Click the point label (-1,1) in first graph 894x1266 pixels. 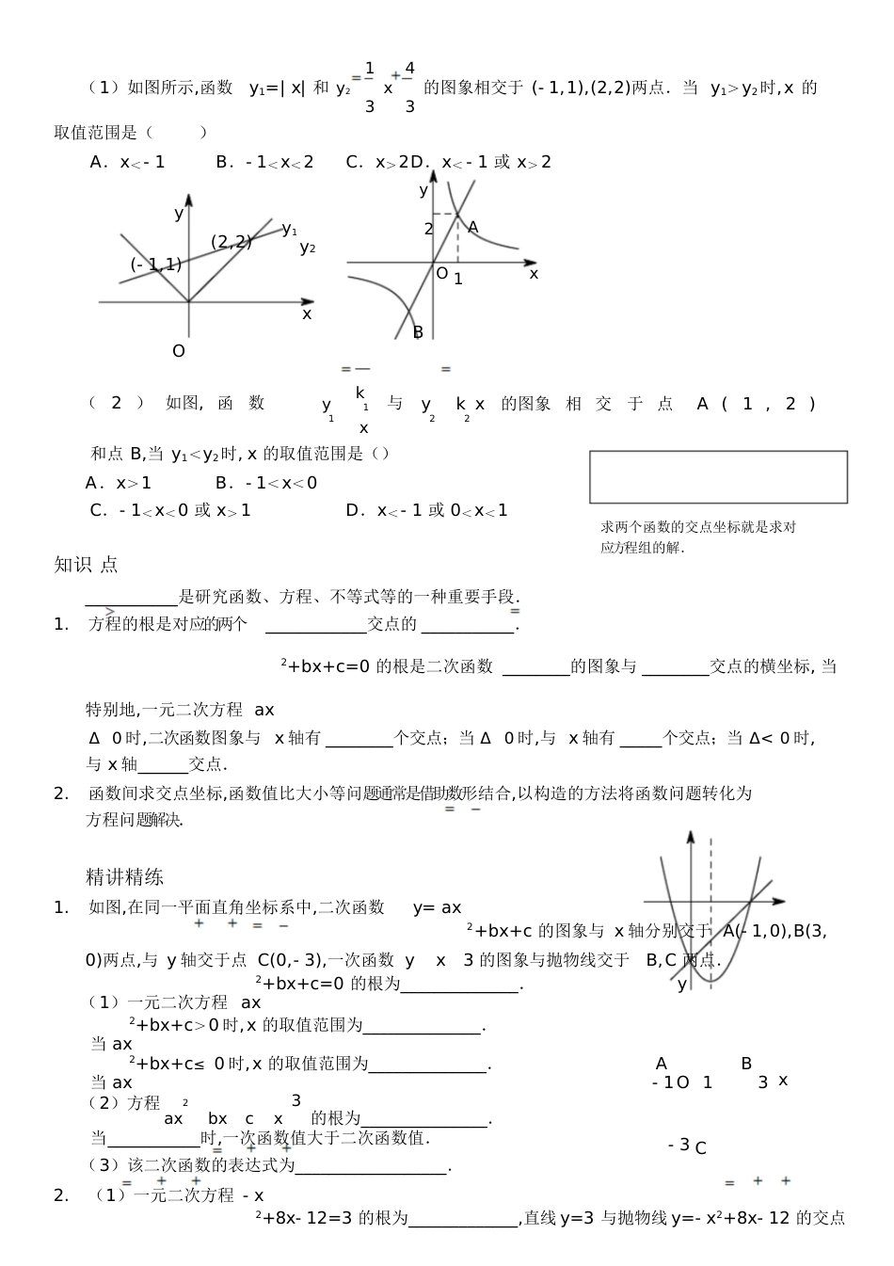155,264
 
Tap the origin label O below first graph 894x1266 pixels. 179,351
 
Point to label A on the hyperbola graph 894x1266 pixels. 472,227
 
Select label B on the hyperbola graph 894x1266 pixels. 418,331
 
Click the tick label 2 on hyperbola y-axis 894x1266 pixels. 428,229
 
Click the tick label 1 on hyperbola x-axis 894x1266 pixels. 458,280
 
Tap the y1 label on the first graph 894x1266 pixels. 289,229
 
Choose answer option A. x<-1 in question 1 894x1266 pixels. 127,162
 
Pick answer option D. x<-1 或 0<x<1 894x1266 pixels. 426,510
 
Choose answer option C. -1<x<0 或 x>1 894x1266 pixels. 170,510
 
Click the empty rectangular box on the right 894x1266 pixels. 718,476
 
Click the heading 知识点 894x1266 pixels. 86,565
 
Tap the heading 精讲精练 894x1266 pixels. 124,877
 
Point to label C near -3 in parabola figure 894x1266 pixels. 700,1148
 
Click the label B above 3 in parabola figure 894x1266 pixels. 746,1064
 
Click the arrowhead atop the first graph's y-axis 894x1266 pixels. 189,199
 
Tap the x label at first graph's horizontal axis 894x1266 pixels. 307,314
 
